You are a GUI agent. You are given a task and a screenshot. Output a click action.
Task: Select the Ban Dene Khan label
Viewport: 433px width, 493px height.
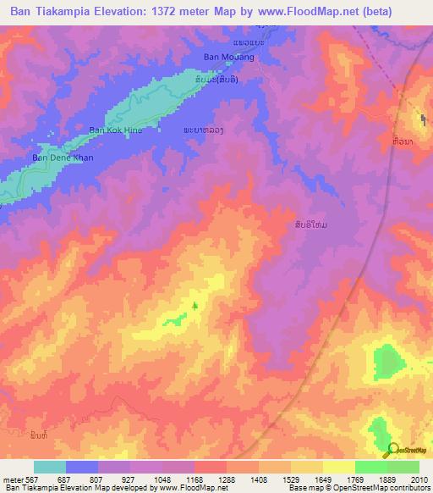(x=62, y=158)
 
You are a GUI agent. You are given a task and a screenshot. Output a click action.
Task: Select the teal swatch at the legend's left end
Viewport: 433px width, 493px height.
(x=50, y=467)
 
